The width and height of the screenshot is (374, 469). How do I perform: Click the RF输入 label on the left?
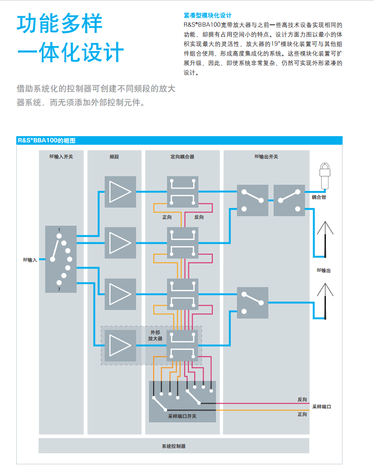[x=30, y=260]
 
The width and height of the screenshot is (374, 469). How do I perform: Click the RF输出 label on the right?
[x=324, y=270]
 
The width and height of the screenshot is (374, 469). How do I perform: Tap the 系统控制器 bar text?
[x=174, y=446]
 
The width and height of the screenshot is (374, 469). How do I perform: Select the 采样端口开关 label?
[x=182, y=416]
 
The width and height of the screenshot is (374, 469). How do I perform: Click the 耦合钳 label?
[x=319, y=197]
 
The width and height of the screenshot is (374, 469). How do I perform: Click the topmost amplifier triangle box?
[x=120, y=192]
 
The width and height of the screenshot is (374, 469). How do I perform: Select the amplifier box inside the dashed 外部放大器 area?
[x=120, y=345]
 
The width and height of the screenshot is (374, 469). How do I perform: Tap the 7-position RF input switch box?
[x=60, y=259]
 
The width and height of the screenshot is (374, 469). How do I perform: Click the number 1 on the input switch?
[x=59, y=230]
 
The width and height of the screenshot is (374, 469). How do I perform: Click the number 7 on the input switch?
[x=59, y=289]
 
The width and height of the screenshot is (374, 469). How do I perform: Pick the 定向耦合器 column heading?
[x=182, y=156]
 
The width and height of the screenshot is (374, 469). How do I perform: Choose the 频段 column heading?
[x=114, y=156]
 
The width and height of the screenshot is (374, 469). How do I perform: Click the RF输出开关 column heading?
[x=266, y=156]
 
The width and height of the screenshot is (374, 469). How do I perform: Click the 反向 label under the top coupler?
[x=199, y=217]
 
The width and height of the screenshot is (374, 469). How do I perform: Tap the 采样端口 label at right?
[x=321, y=407]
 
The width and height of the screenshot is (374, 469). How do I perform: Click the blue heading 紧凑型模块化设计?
[x=207, y=16]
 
